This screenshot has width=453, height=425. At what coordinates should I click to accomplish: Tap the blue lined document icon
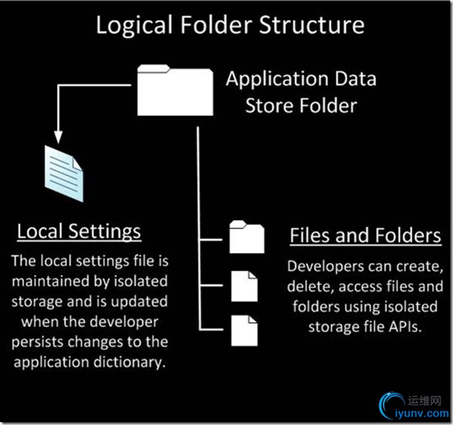(63, 170)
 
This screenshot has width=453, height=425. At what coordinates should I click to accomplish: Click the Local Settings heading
(79, 232)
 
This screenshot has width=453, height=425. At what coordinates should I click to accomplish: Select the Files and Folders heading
(365, 235)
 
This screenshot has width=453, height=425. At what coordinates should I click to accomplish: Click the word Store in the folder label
(270, 106)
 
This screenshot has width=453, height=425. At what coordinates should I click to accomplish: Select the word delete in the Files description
(306, 288)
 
